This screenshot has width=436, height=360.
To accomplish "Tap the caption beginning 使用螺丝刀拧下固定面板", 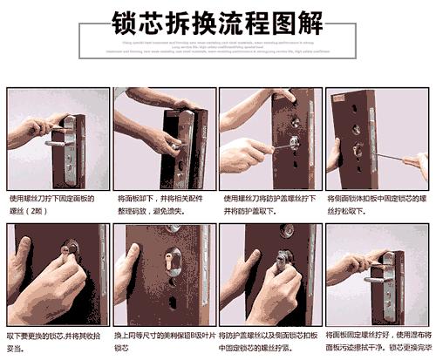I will point(52,204).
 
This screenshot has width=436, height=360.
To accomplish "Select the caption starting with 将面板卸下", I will point(160,204).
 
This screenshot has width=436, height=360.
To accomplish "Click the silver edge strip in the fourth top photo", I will point(374,139).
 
